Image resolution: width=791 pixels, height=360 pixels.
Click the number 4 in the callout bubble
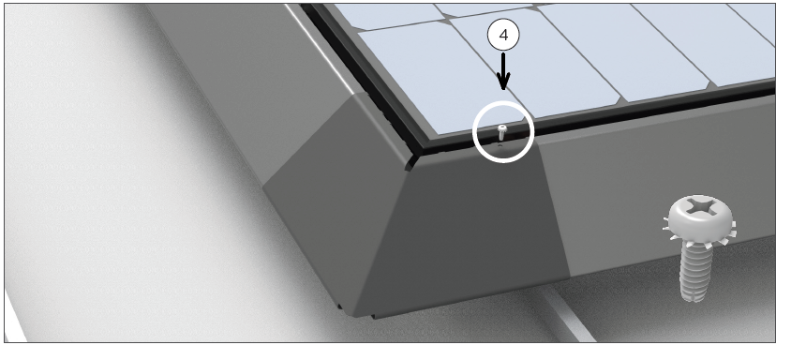click(503, 36)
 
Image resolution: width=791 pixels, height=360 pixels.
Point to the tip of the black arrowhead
click(503, 90)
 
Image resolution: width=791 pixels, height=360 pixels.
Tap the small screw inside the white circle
click(501, 132)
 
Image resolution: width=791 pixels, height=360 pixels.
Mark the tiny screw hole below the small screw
click(500, 145)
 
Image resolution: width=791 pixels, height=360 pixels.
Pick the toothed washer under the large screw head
click(700, 233)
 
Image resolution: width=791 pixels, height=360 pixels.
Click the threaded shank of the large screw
click(697, 270)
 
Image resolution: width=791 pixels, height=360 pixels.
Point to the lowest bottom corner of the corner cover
click(355, 317)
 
